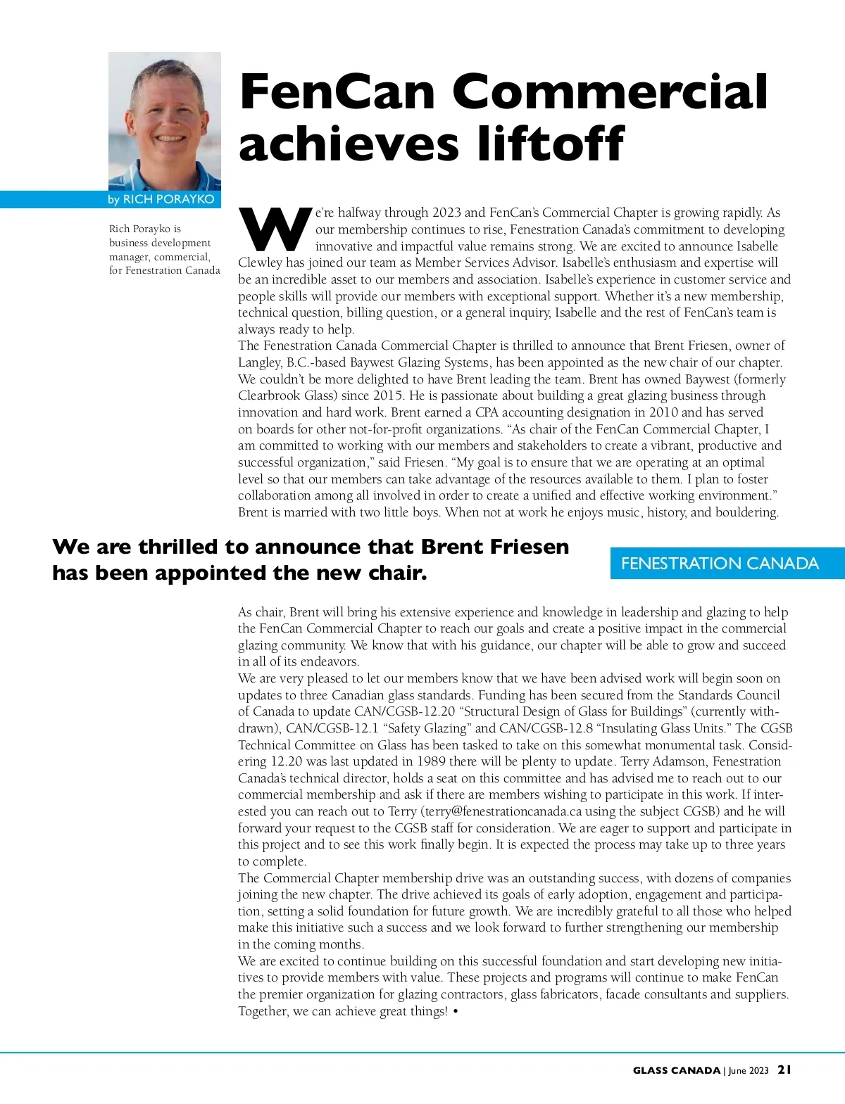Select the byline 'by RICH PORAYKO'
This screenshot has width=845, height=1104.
161,200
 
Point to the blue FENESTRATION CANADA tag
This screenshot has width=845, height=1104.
720,564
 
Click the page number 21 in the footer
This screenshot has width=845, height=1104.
784,1070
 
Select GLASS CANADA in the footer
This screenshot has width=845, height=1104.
676,1070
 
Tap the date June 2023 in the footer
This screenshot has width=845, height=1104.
749,1071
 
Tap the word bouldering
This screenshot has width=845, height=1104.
746,512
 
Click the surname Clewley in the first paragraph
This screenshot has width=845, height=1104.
260,262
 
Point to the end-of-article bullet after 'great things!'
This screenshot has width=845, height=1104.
456,1011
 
